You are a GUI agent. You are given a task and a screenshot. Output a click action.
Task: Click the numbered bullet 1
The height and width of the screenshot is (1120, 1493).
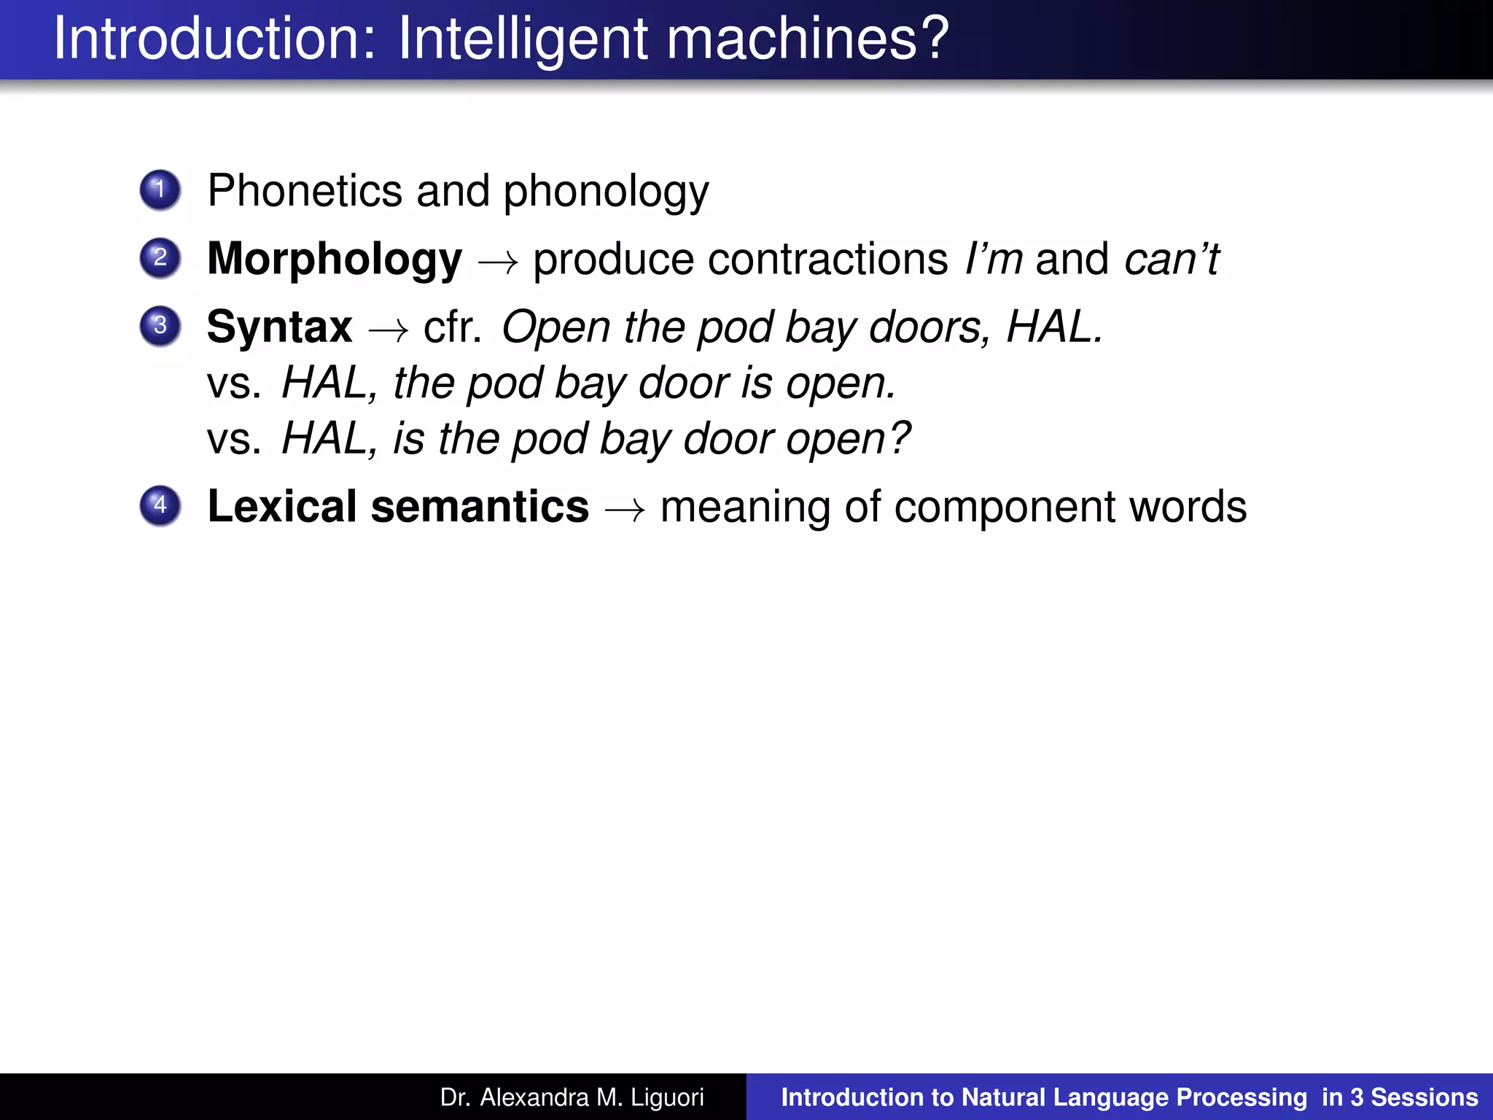click(x=160, y=190)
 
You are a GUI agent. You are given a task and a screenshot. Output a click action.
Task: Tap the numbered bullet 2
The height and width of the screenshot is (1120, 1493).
click(x=160, y=258)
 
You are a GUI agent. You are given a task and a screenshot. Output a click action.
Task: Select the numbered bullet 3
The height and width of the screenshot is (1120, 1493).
click(x=160, y=326)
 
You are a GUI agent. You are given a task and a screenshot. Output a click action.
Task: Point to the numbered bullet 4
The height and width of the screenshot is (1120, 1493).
click(x=160, y=506)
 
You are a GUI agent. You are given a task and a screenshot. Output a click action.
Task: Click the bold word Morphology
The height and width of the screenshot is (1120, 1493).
click(x=335, y=260)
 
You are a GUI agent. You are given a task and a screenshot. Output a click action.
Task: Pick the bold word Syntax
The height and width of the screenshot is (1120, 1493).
click(x=279, y=327)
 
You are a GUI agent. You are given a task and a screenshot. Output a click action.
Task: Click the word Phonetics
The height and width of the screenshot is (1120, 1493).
click(x=305, y=191)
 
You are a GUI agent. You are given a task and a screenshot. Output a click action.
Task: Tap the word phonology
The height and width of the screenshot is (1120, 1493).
click(x=606, y=192)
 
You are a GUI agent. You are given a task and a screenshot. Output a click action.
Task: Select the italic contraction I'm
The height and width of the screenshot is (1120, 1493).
click(x=993, y=259)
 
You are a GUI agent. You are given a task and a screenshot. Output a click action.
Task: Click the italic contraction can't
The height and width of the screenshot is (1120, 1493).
click(x=1172, y=259)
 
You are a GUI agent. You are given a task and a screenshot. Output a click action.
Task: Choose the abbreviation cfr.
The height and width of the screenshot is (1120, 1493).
click(x=452, y=327)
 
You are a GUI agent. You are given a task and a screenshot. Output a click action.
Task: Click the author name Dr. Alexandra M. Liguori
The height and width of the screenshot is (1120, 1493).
click(x=572, y=1097)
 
